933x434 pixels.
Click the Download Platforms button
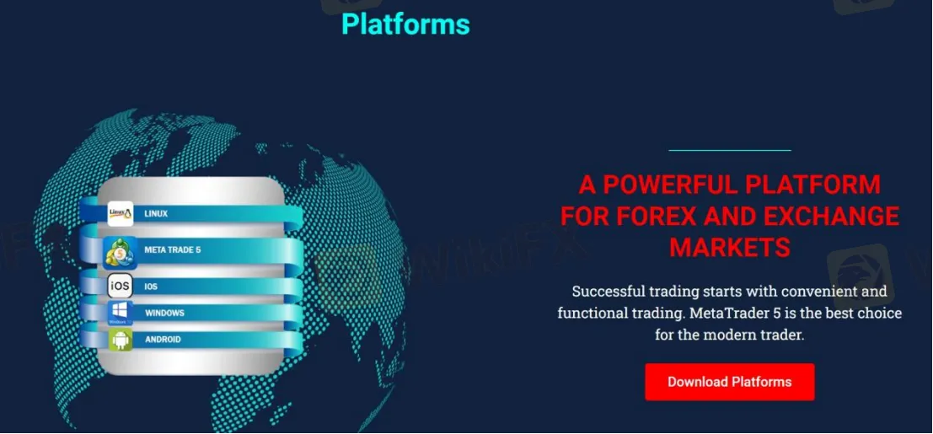pos(729,382)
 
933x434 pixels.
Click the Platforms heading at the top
pos(405,24)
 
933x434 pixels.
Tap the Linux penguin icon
pos(121,214)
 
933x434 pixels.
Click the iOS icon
pos(121,287)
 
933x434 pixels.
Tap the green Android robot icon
pos(121,340)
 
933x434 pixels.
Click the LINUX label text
pos(156,214)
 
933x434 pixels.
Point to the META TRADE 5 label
pos(172,250)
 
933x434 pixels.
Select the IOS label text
pos(151,287)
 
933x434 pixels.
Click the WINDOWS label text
pos(164,313)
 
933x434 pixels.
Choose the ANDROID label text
pos(163,340)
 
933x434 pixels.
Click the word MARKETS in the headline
pos(730,247)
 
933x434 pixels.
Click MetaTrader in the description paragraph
pos(736,313)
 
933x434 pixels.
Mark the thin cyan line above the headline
pos(730,150)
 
